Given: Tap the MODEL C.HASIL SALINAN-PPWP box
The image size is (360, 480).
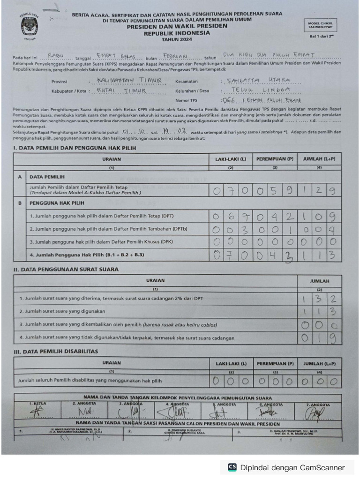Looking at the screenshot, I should pyautogui.click(x=323, y=25).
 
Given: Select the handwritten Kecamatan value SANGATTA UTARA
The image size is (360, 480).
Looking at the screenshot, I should pyautogui.click(x=257, y=81).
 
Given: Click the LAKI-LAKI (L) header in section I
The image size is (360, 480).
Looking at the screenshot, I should pyautogui.click(x=230, y=159).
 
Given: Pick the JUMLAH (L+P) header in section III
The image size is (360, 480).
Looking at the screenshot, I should pyautogui.click(x=319, y=363).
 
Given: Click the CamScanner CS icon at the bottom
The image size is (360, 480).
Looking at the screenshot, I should pyautogui.click(x=232, y=467).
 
